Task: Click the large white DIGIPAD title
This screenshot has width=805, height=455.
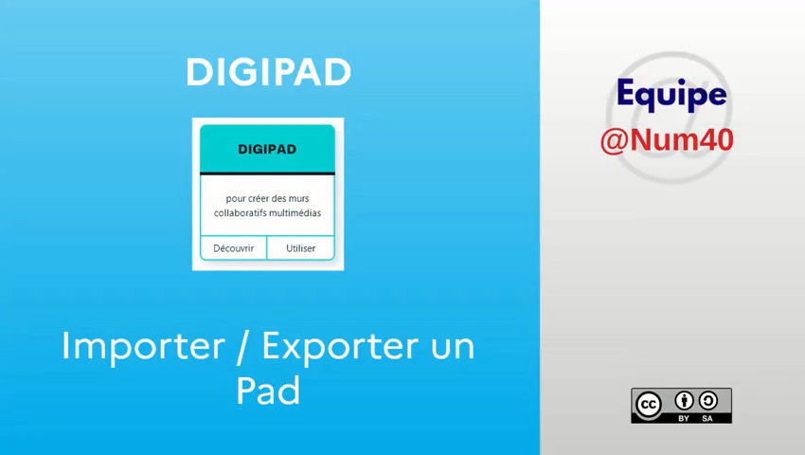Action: coord(268,73)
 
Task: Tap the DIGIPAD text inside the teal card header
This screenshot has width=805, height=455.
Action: coord(267,149)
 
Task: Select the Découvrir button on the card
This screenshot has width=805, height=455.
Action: coord(233,248)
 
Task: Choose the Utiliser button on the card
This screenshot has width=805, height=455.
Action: coord(301,248)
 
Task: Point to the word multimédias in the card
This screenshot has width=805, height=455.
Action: coord(295,213)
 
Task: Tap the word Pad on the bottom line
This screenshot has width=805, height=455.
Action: coord(268,391)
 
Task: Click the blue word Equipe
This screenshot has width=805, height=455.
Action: coord(671,94)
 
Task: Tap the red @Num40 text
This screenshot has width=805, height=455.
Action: coord(667,140)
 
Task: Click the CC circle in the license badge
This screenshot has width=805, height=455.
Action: coord(650,405)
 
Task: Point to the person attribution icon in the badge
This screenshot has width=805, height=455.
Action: coord(684,400)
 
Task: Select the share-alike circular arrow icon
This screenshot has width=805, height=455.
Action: coord(707,400)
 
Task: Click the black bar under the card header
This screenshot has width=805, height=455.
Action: coord(267,173)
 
